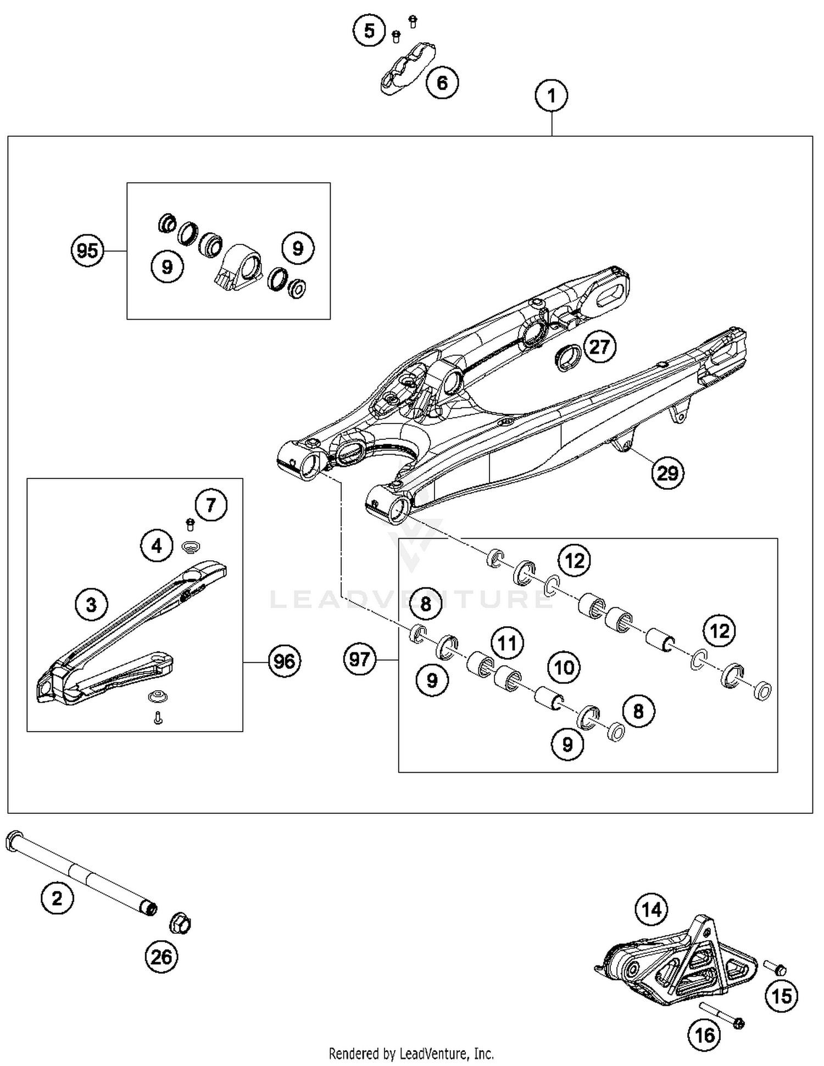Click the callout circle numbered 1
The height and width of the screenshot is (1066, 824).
[x=551, y=96]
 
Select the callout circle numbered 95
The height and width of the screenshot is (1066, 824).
[x=88, y=251]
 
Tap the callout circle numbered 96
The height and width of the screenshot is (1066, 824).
[x=284, y=661]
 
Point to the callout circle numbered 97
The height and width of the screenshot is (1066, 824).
[x=360, y=658]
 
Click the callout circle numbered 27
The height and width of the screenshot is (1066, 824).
[x=599, y=347]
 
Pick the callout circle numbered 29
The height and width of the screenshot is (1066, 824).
[x=668, y=472]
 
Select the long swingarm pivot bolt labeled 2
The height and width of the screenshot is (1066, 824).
[x=82, y=874]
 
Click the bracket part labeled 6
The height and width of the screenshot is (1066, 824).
[x=408, y=69]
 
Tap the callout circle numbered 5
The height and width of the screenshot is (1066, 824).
[x=369, y=31]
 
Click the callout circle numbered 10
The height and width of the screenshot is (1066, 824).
[x=564, y=667]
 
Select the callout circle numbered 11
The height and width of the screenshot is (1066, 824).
[x=507, y=642]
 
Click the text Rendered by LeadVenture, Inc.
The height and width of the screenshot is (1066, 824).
[x=411, y=1054]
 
